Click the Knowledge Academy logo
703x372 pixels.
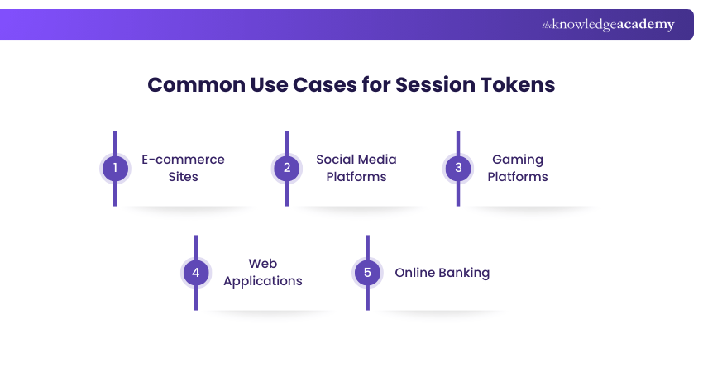click(608, 25)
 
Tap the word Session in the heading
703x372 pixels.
click(435, 85)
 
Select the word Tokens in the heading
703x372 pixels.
click(518, 85)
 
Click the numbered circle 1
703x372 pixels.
click(115, 168)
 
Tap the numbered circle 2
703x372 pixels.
click(287, 168)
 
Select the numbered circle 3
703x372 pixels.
click(458, 168)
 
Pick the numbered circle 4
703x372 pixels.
click(196, 272)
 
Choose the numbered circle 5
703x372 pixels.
click(367, 272)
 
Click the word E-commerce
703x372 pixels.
click(183, 160)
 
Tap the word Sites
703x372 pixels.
click(183, 177)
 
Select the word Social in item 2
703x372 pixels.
click(335, 160)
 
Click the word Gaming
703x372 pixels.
click(517, 160)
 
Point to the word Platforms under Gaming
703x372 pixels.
click(517, 177)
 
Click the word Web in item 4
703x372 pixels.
click(262, 264)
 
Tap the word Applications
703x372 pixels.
click(262, 281)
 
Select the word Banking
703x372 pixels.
click(464, 273)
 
